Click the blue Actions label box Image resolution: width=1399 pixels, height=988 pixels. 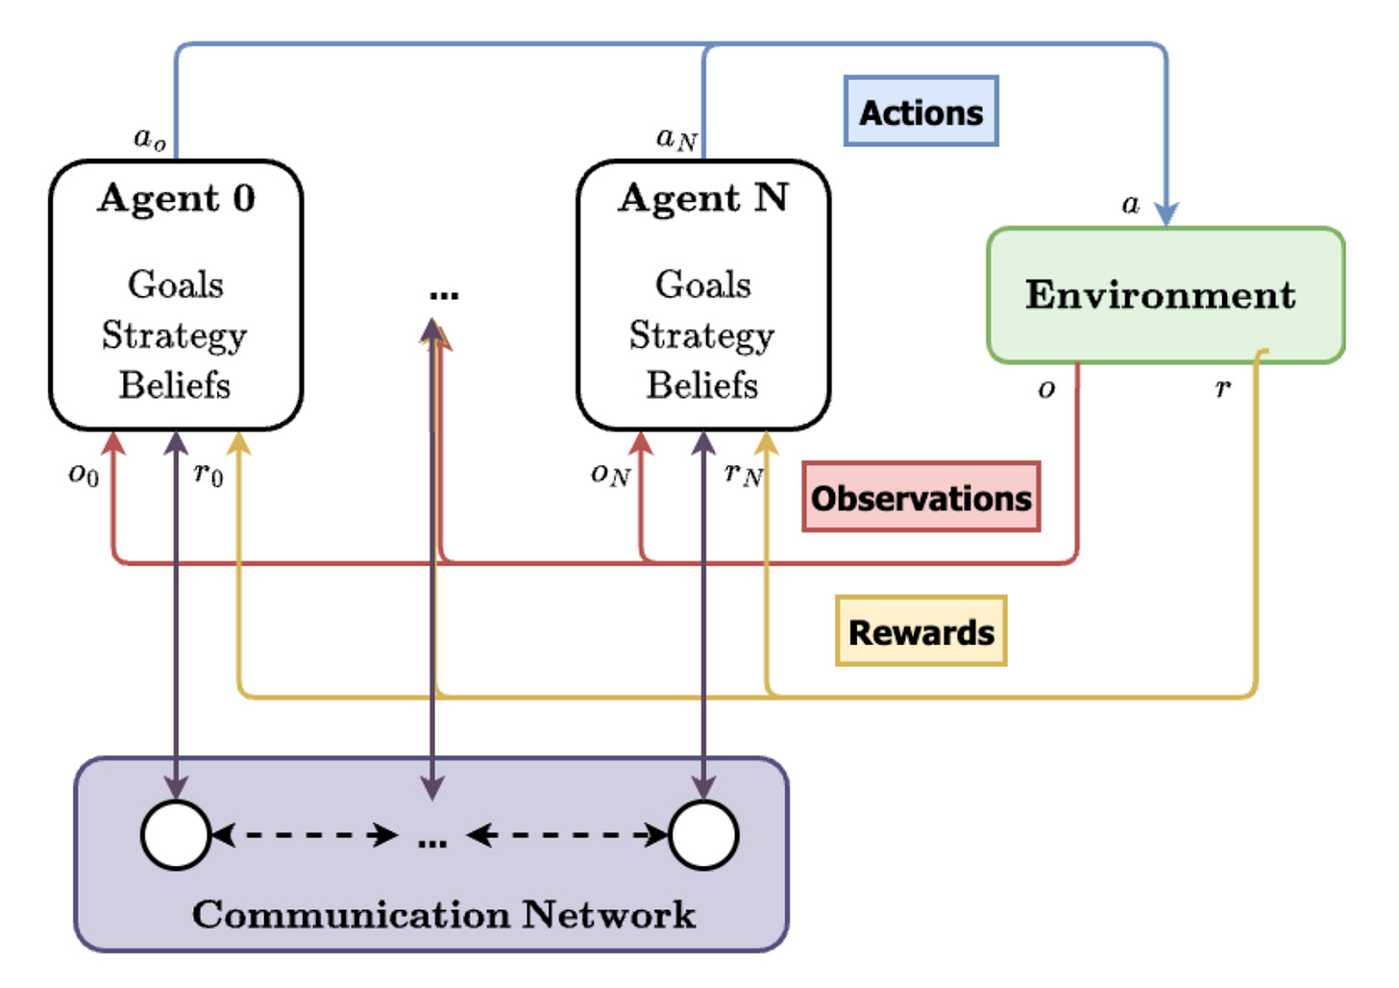click(x=920, y=111)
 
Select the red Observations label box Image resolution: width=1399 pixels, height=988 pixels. click(x=920, y=497)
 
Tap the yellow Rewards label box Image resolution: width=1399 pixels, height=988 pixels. click(x=920, y=631)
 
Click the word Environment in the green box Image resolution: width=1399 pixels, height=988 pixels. click(x=1160, y=294)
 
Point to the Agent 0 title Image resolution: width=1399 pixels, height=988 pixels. click(x=176, y=198)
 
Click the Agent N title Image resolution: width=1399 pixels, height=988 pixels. click(x=702, y=198)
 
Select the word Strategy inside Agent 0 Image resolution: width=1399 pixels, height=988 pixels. click(x=175, y=335)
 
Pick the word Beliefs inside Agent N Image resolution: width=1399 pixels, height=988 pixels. click(x=702, y=385)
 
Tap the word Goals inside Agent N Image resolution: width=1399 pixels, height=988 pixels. click(x=702, y=284)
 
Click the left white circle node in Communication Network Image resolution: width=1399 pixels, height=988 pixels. click(x=176, y=834)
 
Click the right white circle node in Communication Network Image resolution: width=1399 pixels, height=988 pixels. click(x=703, y=834)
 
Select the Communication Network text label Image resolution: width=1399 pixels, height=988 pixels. click(x=443, y=914)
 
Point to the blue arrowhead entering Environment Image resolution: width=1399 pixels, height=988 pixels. click(x=1166, y=214)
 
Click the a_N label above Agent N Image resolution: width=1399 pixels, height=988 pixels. click(x=676, y=139)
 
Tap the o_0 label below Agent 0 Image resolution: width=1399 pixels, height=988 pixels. click(x=84, y=474)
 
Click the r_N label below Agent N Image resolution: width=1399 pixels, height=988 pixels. click(x=743, y=474)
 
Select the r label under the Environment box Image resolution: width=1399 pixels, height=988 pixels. click(x=1222, y=387)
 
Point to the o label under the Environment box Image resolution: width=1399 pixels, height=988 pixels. click(x=1046, y=389)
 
